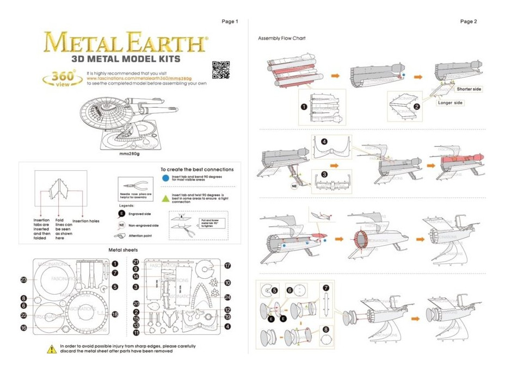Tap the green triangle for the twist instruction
(x=165, y=196)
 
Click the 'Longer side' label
(x=450, y=103)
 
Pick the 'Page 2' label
(x=468, y=22)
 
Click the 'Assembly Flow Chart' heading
(x=282, y=39)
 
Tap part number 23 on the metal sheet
(x=24, y=279)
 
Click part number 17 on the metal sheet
(x=227, y=265)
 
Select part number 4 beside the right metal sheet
(x=227, y=326)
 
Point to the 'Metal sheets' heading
(x=126, y=250)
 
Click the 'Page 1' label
(x=230, y=22)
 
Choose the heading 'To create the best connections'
(x=197, y=170)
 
